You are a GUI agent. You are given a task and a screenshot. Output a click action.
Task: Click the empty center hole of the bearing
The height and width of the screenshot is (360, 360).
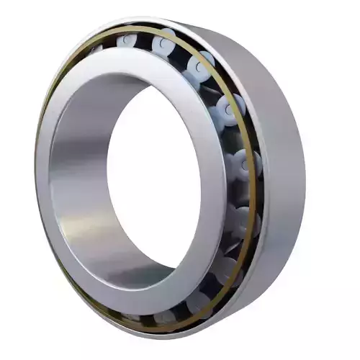pyautogui.click(x=155, y=184)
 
